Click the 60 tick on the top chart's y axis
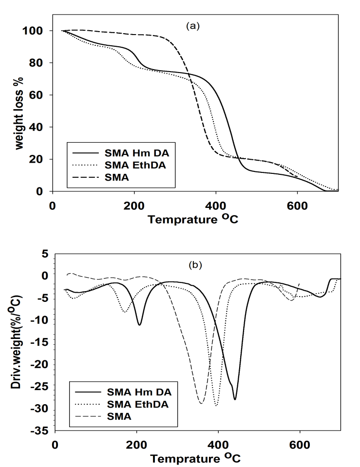(38, 95)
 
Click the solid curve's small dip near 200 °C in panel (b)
(140, 325)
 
